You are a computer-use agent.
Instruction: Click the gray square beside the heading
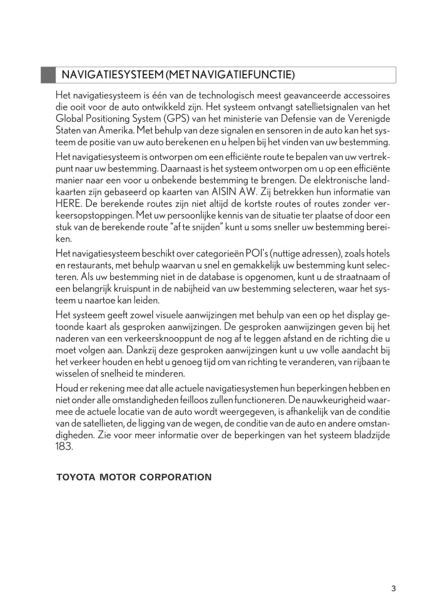coord(48,75)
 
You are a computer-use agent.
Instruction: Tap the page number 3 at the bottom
coord(393,589)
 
